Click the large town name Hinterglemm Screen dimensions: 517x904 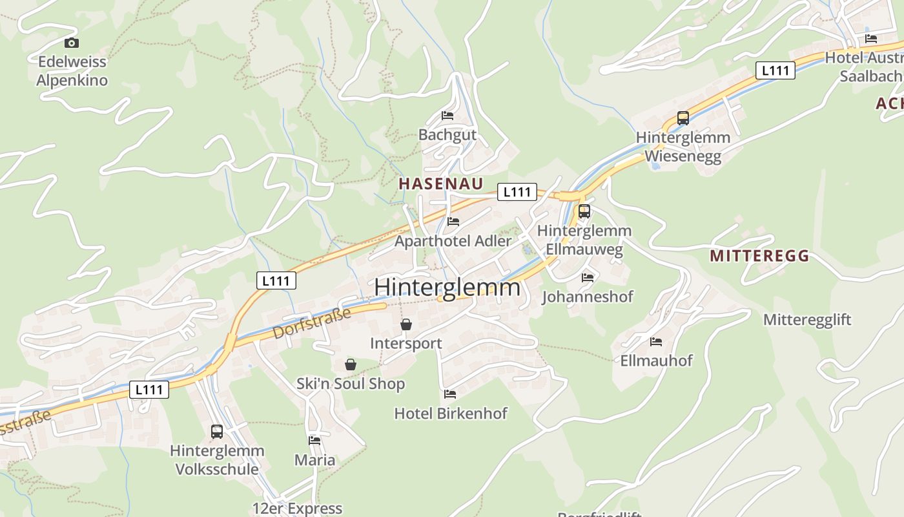[x=447, y=287]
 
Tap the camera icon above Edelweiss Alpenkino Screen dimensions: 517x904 [x=72, y=43]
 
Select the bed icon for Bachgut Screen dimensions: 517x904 [x=447, y=116]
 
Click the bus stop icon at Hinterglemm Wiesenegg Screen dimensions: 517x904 [x=683, y=118]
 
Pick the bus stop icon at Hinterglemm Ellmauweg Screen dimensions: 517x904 [x=584, y=211]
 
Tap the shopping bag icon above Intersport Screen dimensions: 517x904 [x=406, y=324]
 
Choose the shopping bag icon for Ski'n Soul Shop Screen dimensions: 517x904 [x=351, y=365]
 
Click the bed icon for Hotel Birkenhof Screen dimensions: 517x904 [x=450, y=394]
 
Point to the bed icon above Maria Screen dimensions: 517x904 [x=314, y=441]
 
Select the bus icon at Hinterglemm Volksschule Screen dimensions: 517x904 [x=217, y=431]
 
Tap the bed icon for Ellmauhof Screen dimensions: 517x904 [x=656, y=341]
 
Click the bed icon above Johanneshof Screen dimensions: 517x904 [x=588, y=278]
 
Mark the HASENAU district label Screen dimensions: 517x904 [x=441, y=184]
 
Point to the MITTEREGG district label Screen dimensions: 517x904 [x=759, y=256]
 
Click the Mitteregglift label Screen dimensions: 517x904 [x=807, y=320]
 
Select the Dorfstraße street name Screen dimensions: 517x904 [x=313, y=323]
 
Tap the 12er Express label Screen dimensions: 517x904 [x=297, y=509]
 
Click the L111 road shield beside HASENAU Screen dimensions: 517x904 [x=517, y=191]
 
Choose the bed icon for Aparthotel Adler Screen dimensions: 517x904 [x=453, y=222]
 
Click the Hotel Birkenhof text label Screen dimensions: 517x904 [x=451, y=414]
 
